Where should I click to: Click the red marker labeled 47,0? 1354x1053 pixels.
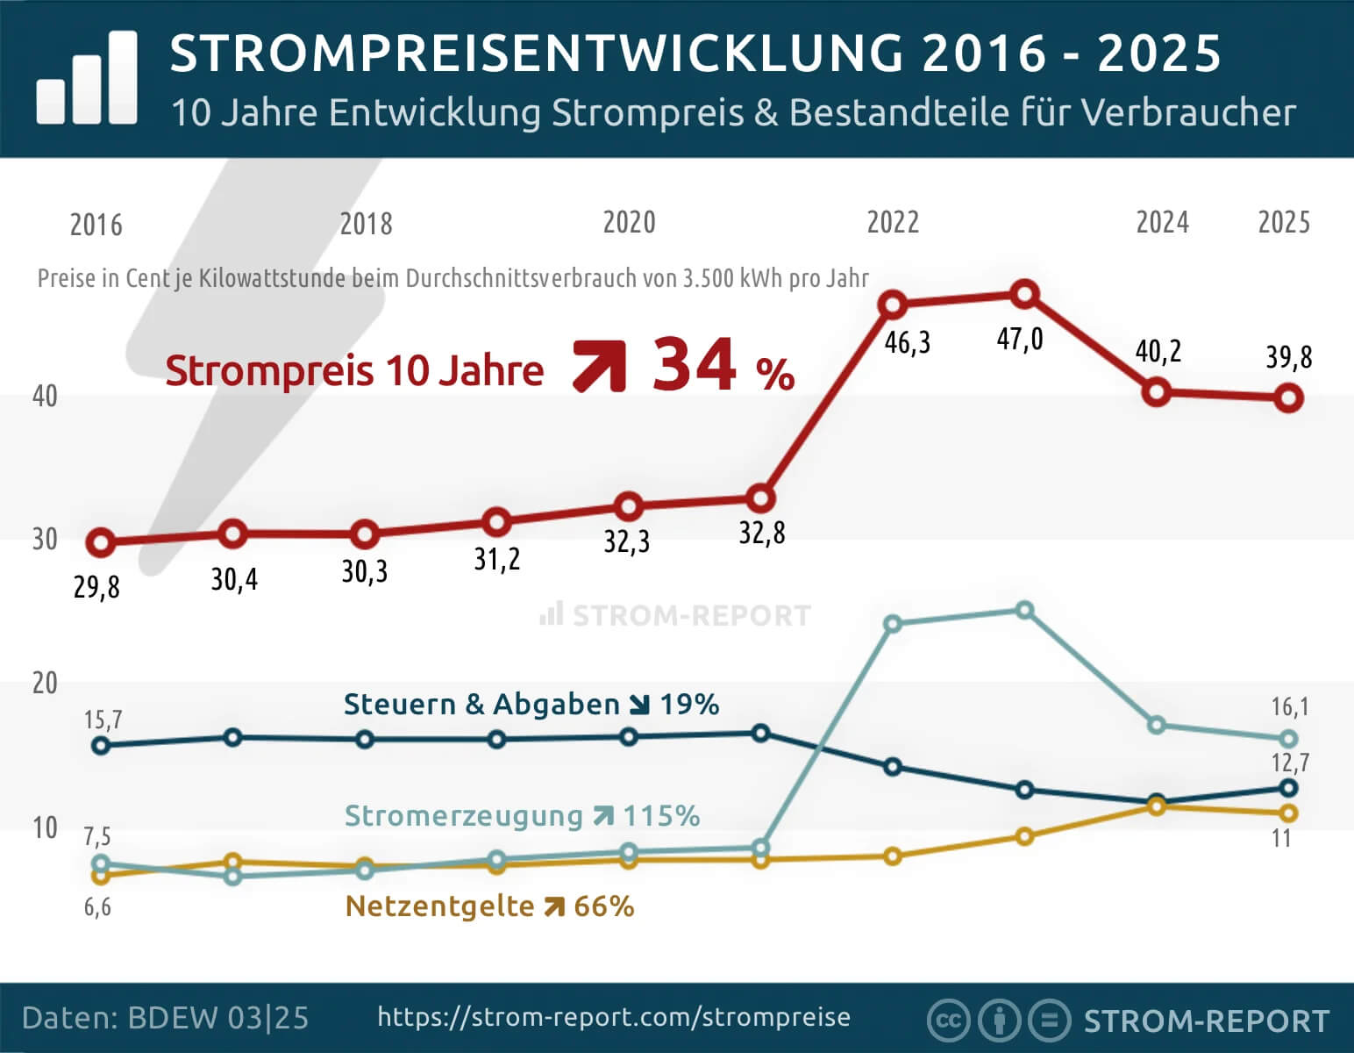coord(1024,295)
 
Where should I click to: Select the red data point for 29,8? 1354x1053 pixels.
coord(101,543)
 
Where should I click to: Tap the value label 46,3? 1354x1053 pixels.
coord(907,342)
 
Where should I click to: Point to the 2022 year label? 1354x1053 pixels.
coord(893,222)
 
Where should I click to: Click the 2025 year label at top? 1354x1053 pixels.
coord(1284,222)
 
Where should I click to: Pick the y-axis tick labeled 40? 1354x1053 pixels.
coord(45,396)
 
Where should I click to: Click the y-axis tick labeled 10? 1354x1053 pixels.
coord(45,827)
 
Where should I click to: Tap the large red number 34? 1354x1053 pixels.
coord(694,365)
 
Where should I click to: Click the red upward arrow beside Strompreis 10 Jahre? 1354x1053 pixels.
coord(599,367)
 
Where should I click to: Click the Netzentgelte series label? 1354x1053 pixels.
coord(439,906)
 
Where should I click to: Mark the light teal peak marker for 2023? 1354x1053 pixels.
coord(1024,610)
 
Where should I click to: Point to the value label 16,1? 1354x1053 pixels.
coord(1289,706)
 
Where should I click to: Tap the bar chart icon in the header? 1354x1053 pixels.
coord(87,79)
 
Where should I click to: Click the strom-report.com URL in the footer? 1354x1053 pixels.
coord(614,1017)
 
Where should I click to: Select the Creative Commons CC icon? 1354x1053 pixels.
coord(947,1021)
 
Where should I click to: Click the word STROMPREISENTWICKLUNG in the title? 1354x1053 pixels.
coord(536,54)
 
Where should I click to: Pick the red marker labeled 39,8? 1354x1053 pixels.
coord(1287,398)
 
